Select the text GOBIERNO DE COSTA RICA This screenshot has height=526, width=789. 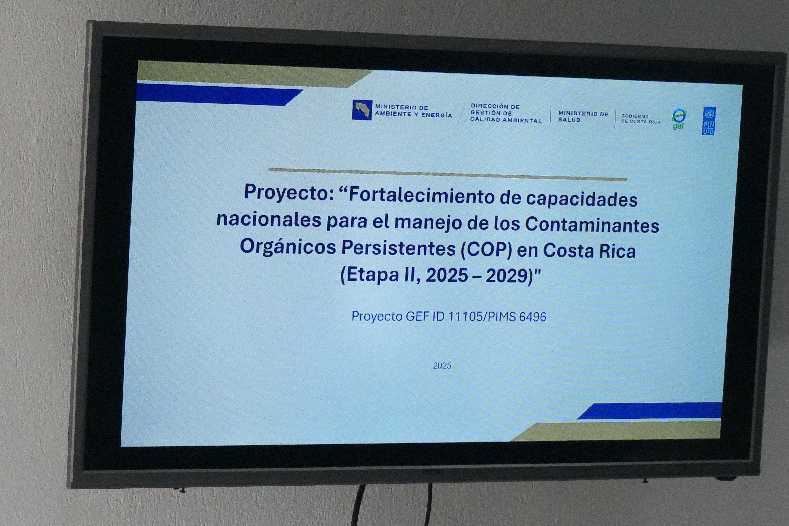coord(641,119)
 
